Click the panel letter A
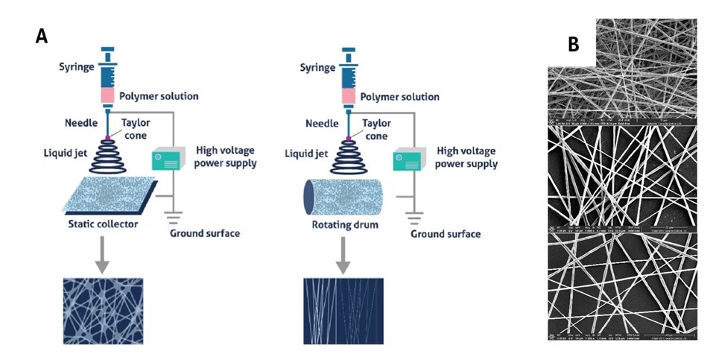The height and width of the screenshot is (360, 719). coord(42,35)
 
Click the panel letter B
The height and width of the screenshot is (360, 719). coord(573,44)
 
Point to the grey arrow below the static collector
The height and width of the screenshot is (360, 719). coord(103,254)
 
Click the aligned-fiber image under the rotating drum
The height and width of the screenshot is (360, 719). coord(343,308)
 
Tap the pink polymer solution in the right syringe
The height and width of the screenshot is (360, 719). coord(347,96)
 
